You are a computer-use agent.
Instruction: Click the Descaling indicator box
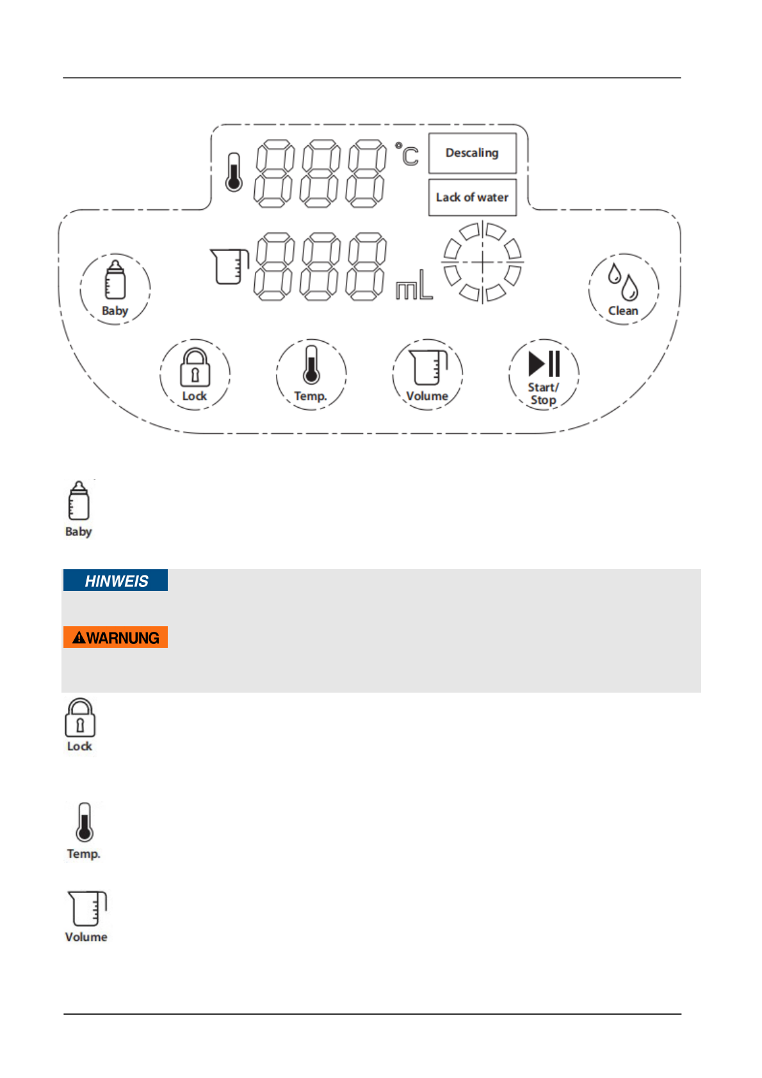click(472, 153)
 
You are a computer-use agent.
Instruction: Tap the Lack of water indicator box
click(472, 197)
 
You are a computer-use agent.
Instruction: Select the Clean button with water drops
click(623, 289)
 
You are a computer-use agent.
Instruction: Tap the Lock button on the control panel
click(195, 374)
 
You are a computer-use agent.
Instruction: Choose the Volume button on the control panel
click(427, 374)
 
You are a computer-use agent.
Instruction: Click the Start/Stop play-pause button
click(544, 374)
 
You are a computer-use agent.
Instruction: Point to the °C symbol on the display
click(407, 155)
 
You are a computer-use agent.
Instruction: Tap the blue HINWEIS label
click(116, 581)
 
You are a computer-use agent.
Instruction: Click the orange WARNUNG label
click(116, 638)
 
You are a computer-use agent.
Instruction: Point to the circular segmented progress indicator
click(482, 262)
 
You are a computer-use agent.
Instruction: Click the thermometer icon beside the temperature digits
click(234, 172)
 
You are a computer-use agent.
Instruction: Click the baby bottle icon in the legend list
click(79, 501)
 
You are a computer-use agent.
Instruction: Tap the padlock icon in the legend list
click(80, 718)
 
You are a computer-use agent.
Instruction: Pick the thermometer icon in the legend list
click(84, 822)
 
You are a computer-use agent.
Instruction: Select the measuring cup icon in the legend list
click(86, 908)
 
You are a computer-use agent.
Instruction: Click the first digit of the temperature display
click(274, 174)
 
